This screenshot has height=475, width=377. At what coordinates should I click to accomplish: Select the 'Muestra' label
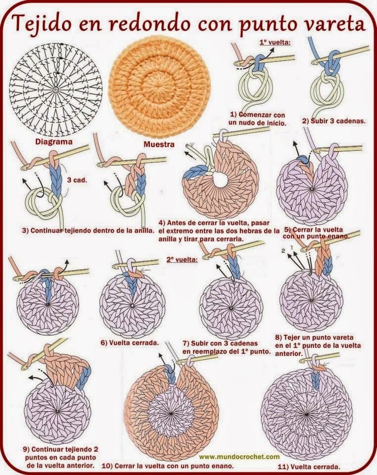(x=158, y=144)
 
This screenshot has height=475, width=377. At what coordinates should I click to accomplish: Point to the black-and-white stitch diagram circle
(x=55, y=90)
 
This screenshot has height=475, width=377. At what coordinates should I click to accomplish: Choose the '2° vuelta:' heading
(x=182, y=259)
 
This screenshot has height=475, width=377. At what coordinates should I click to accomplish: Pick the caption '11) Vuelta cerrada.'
(x=316, y=467)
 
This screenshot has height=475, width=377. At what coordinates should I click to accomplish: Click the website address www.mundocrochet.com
(x=239, y=457)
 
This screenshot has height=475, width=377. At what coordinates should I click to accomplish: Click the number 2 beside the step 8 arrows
(x=283, y=251)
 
